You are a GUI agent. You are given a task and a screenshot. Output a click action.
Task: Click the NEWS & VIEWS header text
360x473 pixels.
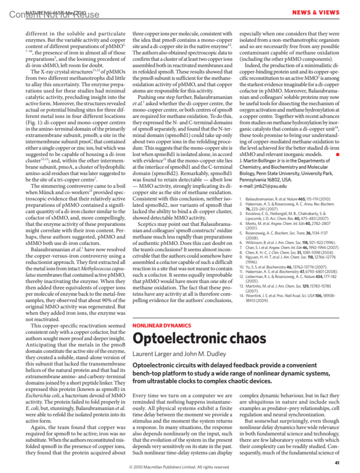point(316,13)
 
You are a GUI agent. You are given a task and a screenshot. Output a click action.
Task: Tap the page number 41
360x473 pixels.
point(337,463)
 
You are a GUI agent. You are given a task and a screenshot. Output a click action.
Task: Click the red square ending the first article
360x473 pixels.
point(337,154)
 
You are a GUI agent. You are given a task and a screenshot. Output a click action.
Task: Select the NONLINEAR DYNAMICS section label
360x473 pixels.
point(162,326)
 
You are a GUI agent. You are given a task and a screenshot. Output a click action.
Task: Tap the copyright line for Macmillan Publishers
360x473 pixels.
point(179,467)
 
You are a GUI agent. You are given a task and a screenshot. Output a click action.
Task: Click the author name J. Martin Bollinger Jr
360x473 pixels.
point(267,161)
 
